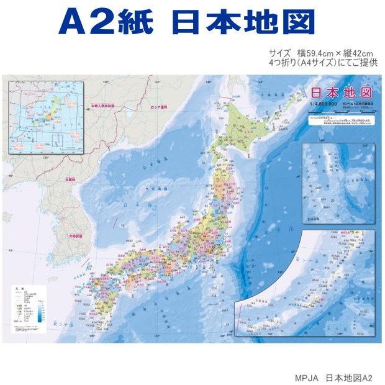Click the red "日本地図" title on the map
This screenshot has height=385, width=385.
[x=340, y=92]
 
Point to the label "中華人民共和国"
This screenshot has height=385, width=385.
[x=102, y=107]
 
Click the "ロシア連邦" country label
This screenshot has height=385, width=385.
[x=160, y=107]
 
